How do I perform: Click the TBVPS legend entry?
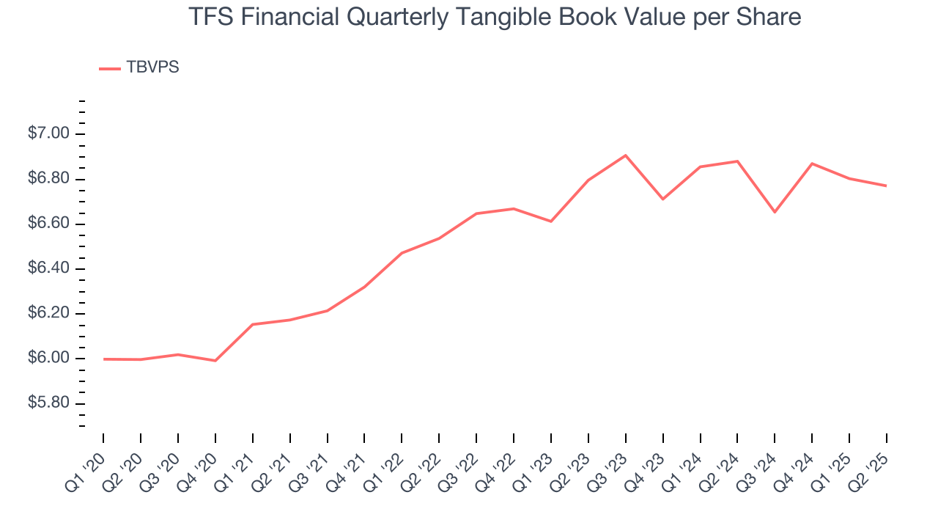pyautogui.click(x=139, y=67)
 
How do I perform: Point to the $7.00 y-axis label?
pyautogui.click(x=48, y=134)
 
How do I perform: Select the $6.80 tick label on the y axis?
pyautogui.click(x=48, y=179)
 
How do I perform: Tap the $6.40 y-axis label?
pyautogui.click(x=48, y=269)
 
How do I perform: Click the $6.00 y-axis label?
pyautogui.click(x=48, y=359)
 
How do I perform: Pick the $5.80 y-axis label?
pyautogui.click(x=48, y=404)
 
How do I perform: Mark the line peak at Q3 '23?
pyautogui.click(x=625, y=155)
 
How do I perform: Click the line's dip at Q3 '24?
pyautogui.click(x=775, y=212)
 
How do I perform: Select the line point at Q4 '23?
pyautogui.click(x=662, y=199)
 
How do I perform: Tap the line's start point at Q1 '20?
pyautogui.click(x=103, y=359)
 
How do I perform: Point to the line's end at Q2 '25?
pyautogui.click(x=886, y=186)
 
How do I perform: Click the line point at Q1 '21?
pyautogui.click(x=253, y=324)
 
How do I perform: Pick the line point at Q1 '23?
pyautogui.click(x=550, y=221)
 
